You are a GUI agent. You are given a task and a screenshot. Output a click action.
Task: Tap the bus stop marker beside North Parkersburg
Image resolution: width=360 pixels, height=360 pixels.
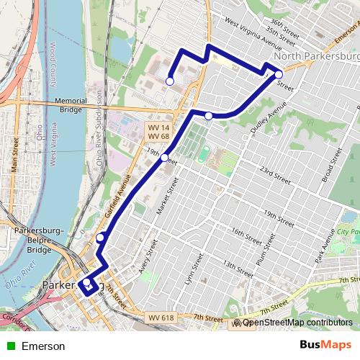(279, 74)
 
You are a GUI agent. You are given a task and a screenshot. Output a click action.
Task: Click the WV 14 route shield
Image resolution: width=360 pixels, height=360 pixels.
(158, 127)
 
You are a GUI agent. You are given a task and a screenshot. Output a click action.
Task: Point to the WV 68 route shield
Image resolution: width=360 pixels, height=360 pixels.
(158, 136)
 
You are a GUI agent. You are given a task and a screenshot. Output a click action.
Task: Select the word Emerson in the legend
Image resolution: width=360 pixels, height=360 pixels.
(43, 346)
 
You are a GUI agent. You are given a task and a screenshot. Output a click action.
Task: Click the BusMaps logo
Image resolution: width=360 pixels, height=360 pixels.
(325, 346)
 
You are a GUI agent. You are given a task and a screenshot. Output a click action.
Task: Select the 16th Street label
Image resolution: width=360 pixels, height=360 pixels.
(246, 235)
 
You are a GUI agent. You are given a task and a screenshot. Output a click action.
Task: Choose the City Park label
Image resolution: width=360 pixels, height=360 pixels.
(348, 233)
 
